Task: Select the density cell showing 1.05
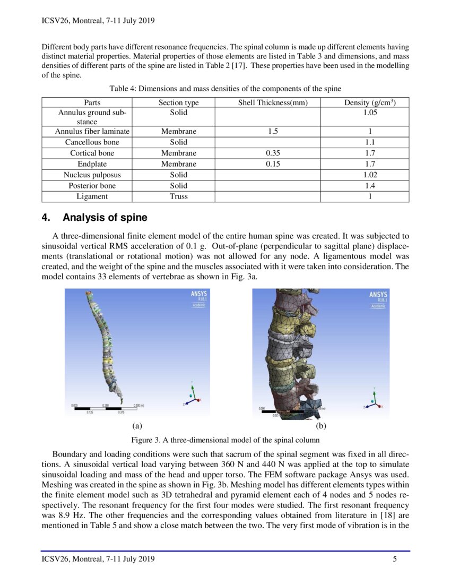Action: [370, 113]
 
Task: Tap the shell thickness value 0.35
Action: [273, 153]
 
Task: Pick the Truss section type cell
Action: [178, 196]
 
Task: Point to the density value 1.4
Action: [370, 186]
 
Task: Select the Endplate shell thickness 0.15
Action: [273, 164]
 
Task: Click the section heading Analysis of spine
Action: [105, 218]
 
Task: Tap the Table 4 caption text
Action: [225, 88]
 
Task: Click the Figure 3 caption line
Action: [225, 440]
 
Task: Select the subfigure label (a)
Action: [137, 426]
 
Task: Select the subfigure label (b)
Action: [321, 426]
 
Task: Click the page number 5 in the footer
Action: [395, 559]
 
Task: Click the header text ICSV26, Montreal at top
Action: [97, 21]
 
